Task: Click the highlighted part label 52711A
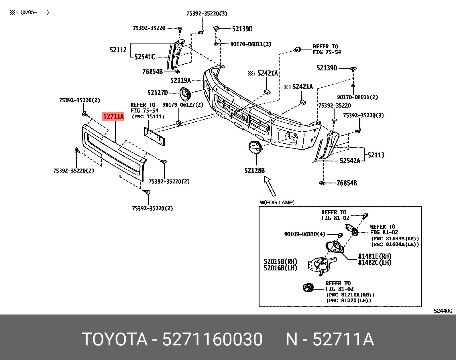point(113,116)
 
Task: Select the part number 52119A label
point(180,80)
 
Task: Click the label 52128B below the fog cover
point(254,171)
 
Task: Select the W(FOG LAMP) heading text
point(277,203)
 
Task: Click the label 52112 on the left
point(118,50)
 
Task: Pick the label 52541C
point(145,57)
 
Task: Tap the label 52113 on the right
point(376,155)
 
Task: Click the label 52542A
point(350,161)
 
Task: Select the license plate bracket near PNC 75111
point(154,137)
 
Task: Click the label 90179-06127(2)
point(183,105)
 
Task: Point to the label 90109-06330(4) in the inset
point(304,234)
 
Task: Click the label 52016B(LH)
point(280,268)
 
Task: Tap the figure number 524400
point(443,311)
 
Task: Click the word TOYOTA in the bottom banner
point(115,340)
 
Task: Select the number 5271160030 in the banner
point(212,340)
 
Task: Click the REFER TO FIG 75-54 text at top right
point(327,49)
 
